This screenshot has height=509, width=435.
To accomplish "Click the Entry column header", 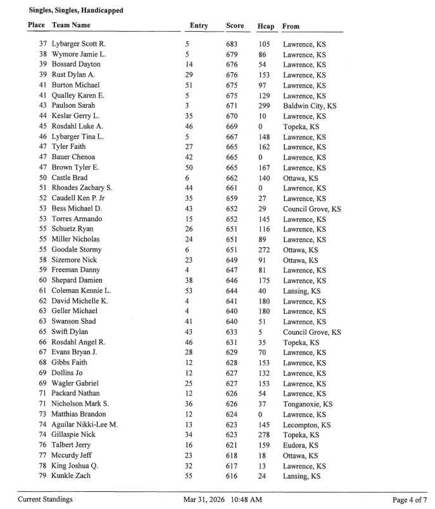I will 198,26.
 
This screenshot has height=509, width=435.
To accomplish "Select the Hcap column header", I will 265,27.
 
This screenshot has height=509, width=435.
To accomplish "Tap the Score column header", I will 234,26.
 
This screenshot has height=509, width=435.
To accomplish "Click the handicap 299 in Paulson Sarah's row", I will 264,106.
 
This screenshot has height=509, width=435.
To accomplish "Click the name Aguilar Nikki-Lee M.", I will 85,425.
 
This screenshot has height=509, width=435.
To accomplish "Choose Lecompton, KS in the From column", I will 306,425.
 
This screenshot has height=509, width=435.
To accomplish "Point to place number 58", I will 43,260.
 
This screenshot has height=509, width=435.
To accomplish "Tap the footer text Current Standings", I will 45,499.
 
